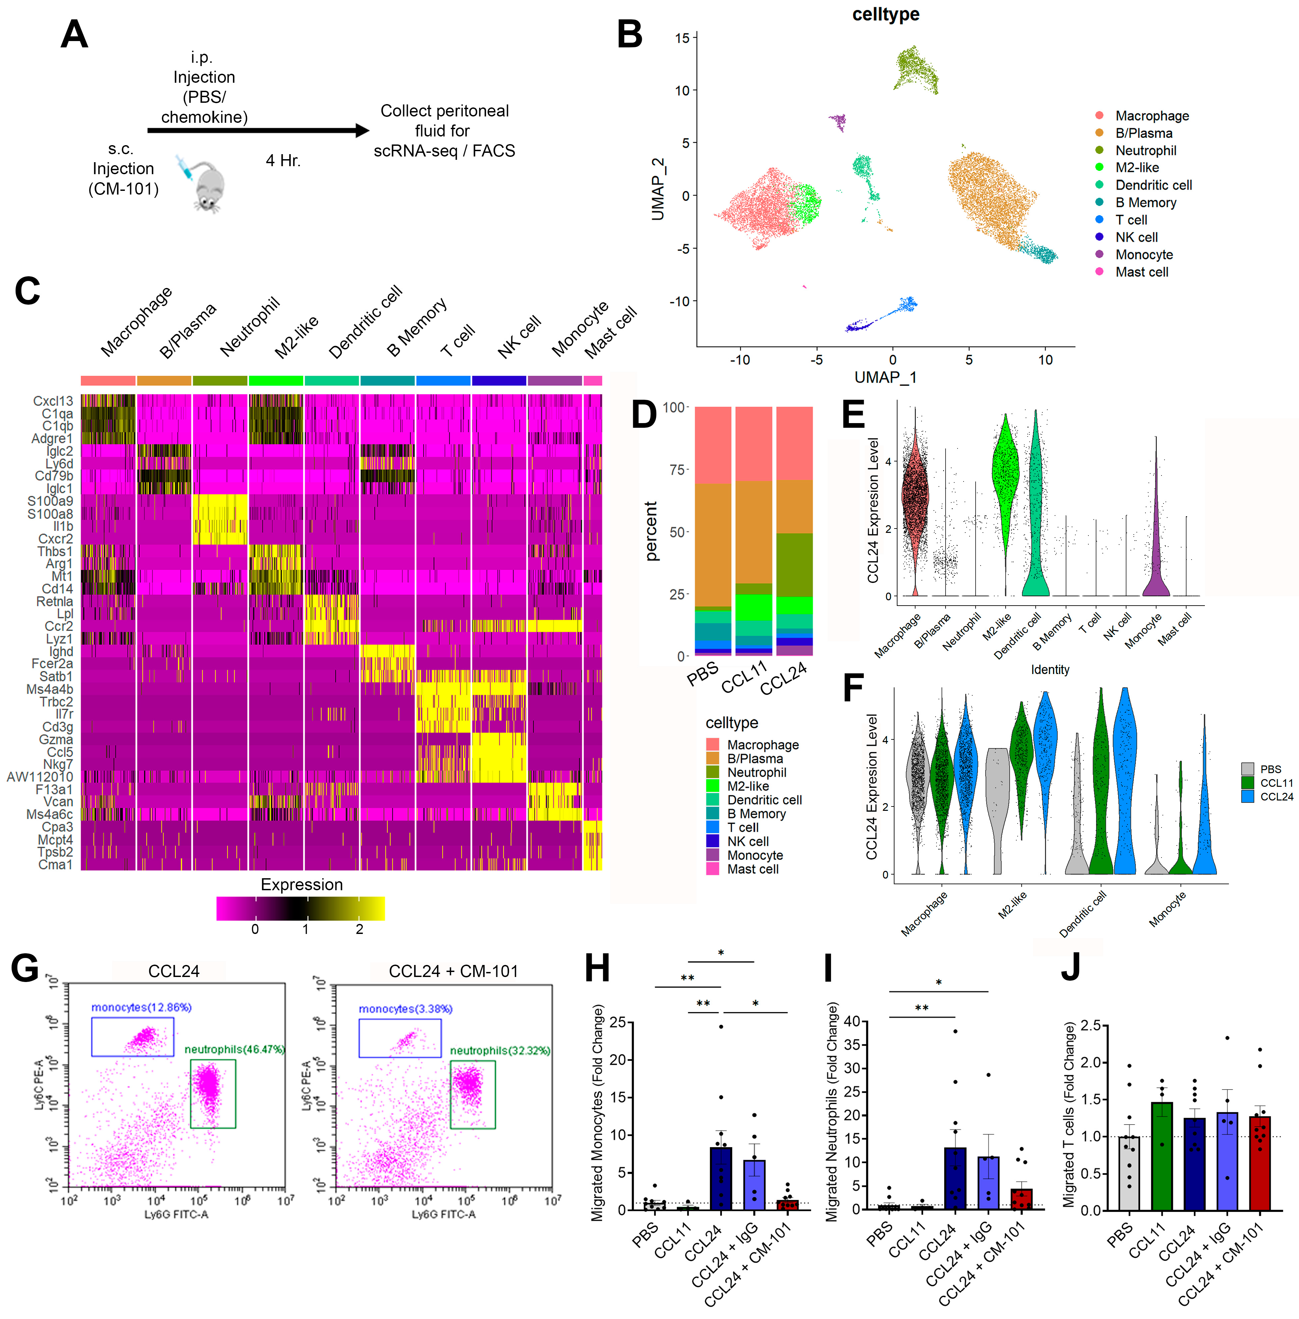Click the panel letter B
pos(629,34)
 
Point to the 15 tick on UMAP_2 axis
pos(682,38)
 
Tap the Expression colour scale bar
pos(300,909)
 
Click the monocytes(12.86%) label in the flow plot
pos(141,1007)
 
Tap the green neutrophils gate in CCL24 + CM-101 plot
pos(472,1094)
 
